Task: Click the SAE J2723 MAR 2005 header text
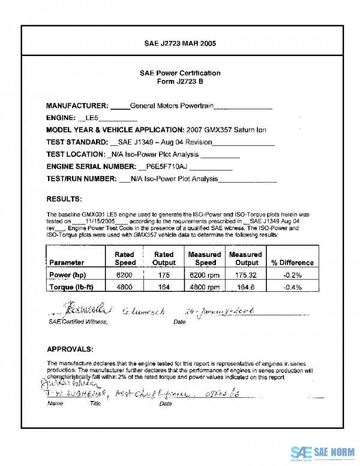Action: [x=180, y=44]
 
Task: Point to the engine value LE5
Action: [x=92, y=118]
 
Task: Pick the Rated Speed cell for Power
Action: [x=125, y=275]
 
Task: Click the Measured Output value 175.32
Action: [x=246, y=275]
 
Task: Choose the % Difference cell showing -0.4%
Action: [x=292, y=288]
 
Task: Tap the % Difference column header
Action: [x=292, y=262]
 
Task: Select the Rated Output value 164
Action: [x=163, y=288]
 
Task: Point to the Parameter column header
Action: [x=67, y=262]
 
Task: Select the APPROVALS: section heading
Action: [x=70, y=349]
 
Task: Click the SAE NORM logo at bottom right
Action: [x=323, y=452]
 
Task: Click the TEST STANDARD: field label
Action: [x=76, y=142]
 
